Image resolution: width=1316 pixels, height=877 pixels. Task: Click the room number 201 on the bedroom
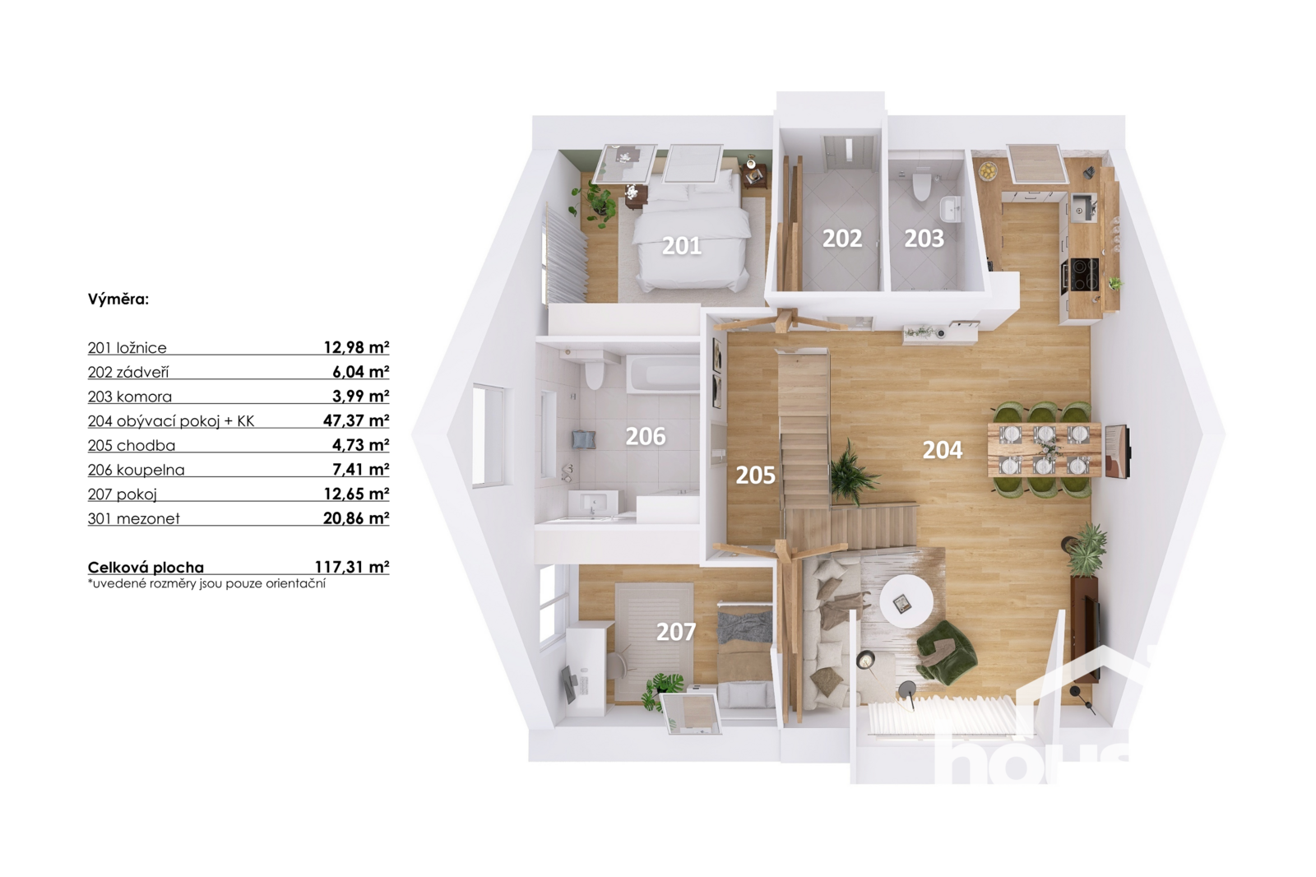pyautogui.click(x=682, y=246)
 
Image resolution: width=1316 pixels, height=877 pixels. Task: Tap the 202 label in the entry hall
pyautogui.click(x=842, y=238)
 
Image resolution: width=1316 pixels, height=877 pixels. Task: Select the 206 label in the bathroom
pyautogui.click(x=645, y=436)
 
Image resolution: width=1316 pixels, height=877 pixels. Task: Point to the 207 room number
pyautogui.click(x=675, y=632)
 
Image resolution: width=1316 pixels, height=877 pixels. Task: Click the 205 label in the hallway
pyautogui.click(x=756, y=475)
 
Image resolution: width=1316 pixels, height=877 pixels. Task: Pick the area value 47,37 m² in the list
pyautogui.click(x=356, y=420)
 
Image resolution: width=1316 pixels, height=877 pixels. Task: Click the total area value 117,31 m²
pyautogui.click(x=352, y=567)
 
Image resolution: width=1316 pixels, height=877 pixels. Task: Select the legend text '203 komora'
pyautogui.click(x=130, y=397)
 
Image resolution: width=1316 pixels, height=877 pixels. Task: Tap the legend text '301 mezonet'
pyautogui.click(x=134, y=518)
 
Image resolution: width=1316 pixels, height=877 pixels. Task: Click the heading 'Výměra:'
pyautogui.click(x=118, y=299)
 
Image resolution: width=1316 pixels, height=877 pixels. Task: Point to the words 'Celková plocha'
pyautogui.click(x=146, y=567)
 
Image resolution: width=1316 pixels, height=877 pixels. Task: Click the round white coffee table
pyautogui.click(x=906, y=601)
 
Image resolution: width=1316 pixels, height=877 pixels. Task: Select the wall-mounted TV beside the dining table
pyautogui.click(x=1116, y=451)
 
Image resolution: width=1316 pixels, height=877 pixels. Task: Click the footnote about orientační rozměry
pyautogui.click(x=206, y=583)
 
